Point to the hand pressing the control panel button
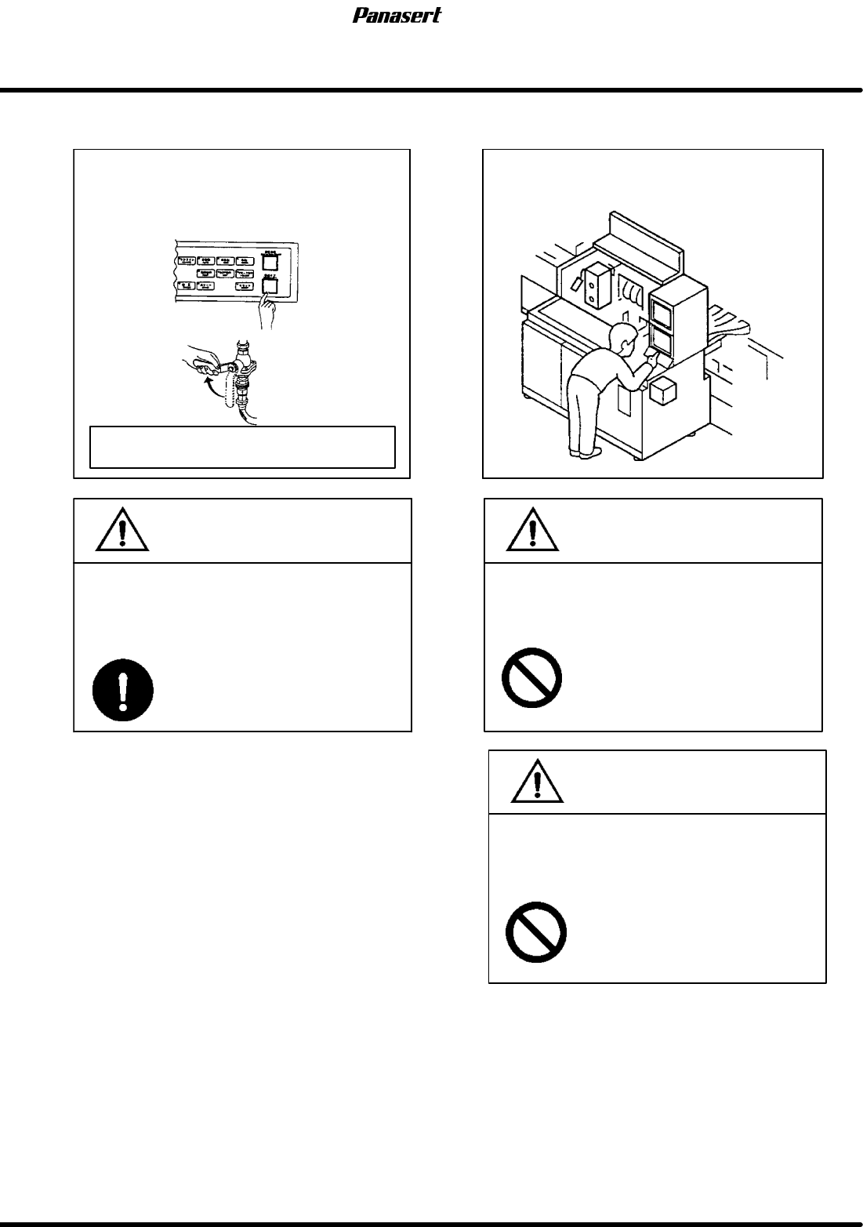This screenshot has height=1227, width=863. pyautogui.click(x=267, y=314)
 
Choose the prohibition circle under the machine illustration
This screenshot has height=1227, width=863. pyautogui.click(x=532, y=678)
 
